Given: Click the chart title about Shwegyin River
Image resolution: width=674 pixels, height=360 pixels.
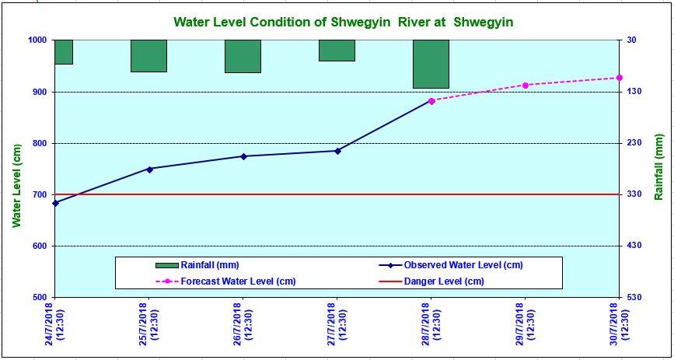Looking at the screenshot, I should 343,22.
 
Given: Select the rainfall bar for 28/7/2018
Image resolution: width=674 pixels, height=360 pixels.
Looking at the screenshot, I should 431,64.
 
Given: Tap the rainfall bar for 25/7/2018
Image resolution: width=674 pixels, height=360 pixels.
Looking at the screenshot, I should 148,56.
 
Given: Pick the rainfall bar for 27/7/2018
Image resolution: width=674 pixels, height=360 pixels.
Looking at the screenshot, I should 337,51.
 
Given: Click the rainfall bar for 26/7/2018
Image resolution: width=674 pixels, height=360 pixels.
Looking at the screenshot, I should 243,56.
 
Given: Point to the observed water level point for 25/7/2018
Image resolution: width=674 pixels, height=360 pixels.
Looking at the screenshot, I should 149,169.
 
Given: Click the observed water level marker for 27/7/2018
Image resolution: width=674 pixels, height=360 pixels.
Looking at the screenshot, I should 337,151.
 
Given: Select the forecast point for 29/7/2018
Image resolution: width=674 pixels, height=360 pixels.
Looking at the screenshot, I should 526,85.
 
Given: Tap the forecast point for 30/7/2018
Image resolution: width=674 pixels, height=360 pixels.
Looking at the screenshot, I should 620,78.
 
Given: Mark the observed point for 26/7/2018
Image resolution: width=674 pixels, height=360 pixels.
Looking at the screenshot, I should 243,156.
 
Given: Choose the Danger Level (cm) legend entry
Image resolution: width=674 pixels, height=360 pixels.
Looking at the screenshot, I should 444,281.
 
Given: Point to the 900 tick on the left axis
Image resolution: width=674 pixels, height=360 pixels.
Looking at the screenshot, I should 37,92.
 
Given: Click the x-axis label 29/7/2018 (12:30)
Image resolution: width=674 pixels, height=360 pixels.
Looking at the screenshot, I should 526,326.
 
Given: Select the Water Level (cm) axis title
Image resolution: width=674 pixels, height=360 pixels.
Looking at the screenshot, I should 16,185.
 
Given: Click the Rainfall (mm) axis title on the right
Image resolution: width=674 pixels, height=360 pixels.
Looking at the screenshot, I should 659,168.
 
